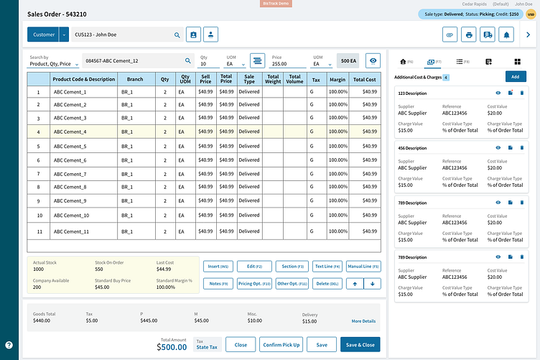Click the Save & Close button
click(360, 345)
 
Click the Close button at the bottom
click(241, 345)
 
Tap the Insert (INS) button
click(218, 267)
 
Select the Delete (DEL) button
click(327, 284)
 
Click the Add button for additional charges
click(515, 77)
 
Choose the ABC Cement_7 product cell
click(70, 174)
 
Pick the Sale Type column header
click(249, 79)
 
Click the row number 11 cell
click(38, 232)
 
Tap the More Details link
click(363, 321)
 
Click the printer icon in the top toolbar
click(469, 34)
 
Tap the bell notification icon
click(508, 34)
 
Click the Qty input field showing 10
click(210, 63)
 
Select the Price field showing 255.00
click(287, 63)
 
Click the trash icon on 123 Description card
click(522, 93)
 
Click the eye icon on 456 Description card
click(498, 147)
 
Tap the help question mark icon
click(9, 345)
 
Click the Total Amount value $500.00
click(172, 347)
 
